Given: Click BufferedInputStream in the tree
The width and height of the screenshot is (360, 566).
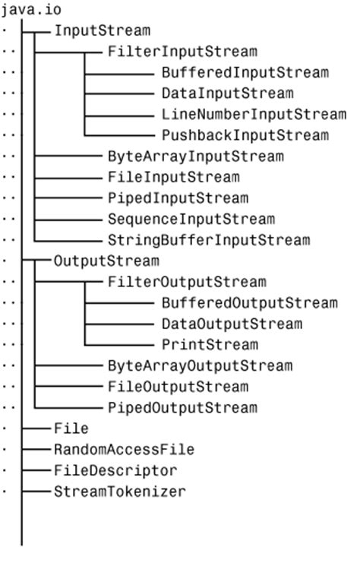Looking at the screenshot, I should pyautogui.click(x=245, y=73).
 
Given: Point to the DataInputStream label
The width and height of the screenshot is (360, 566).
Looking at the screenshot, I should pyautogui.click(x=227, y=93).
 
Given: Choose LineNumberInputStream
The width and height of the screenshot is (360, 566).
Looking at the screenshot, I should pyautogui.click(x=253, y=115).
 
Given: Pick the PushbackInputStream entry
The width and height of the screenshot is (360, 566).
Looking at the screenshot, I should pyautogui.click(x=245, y=135).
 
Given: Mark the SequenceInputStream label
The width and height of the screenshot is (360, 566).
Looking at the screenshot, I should pyautogui.click(x=191, y=219).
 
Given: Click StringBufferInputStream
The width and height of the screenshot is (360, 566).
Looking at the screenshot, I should pyautogui.click(x=208, y=240).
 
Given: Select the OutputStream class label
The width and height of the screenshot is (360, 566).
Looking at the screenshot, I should pyautogui.click(x=106, y=261).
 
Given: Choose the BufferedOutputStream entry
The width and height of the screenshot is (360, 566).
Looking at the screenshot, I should pyautogui.click(x=249, y=303).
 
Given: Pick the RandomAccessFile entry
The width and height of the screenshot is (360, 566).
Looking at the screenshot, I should pyautogui.click(x=124, y=449).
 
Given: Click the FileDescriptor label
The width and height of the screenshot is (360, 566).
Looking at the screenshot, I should pyautogui.click(x=115, y=470).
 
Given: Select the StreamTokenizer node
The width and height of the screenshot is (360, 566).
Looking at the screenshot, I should pyautogui.click(x=119, y=491).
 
